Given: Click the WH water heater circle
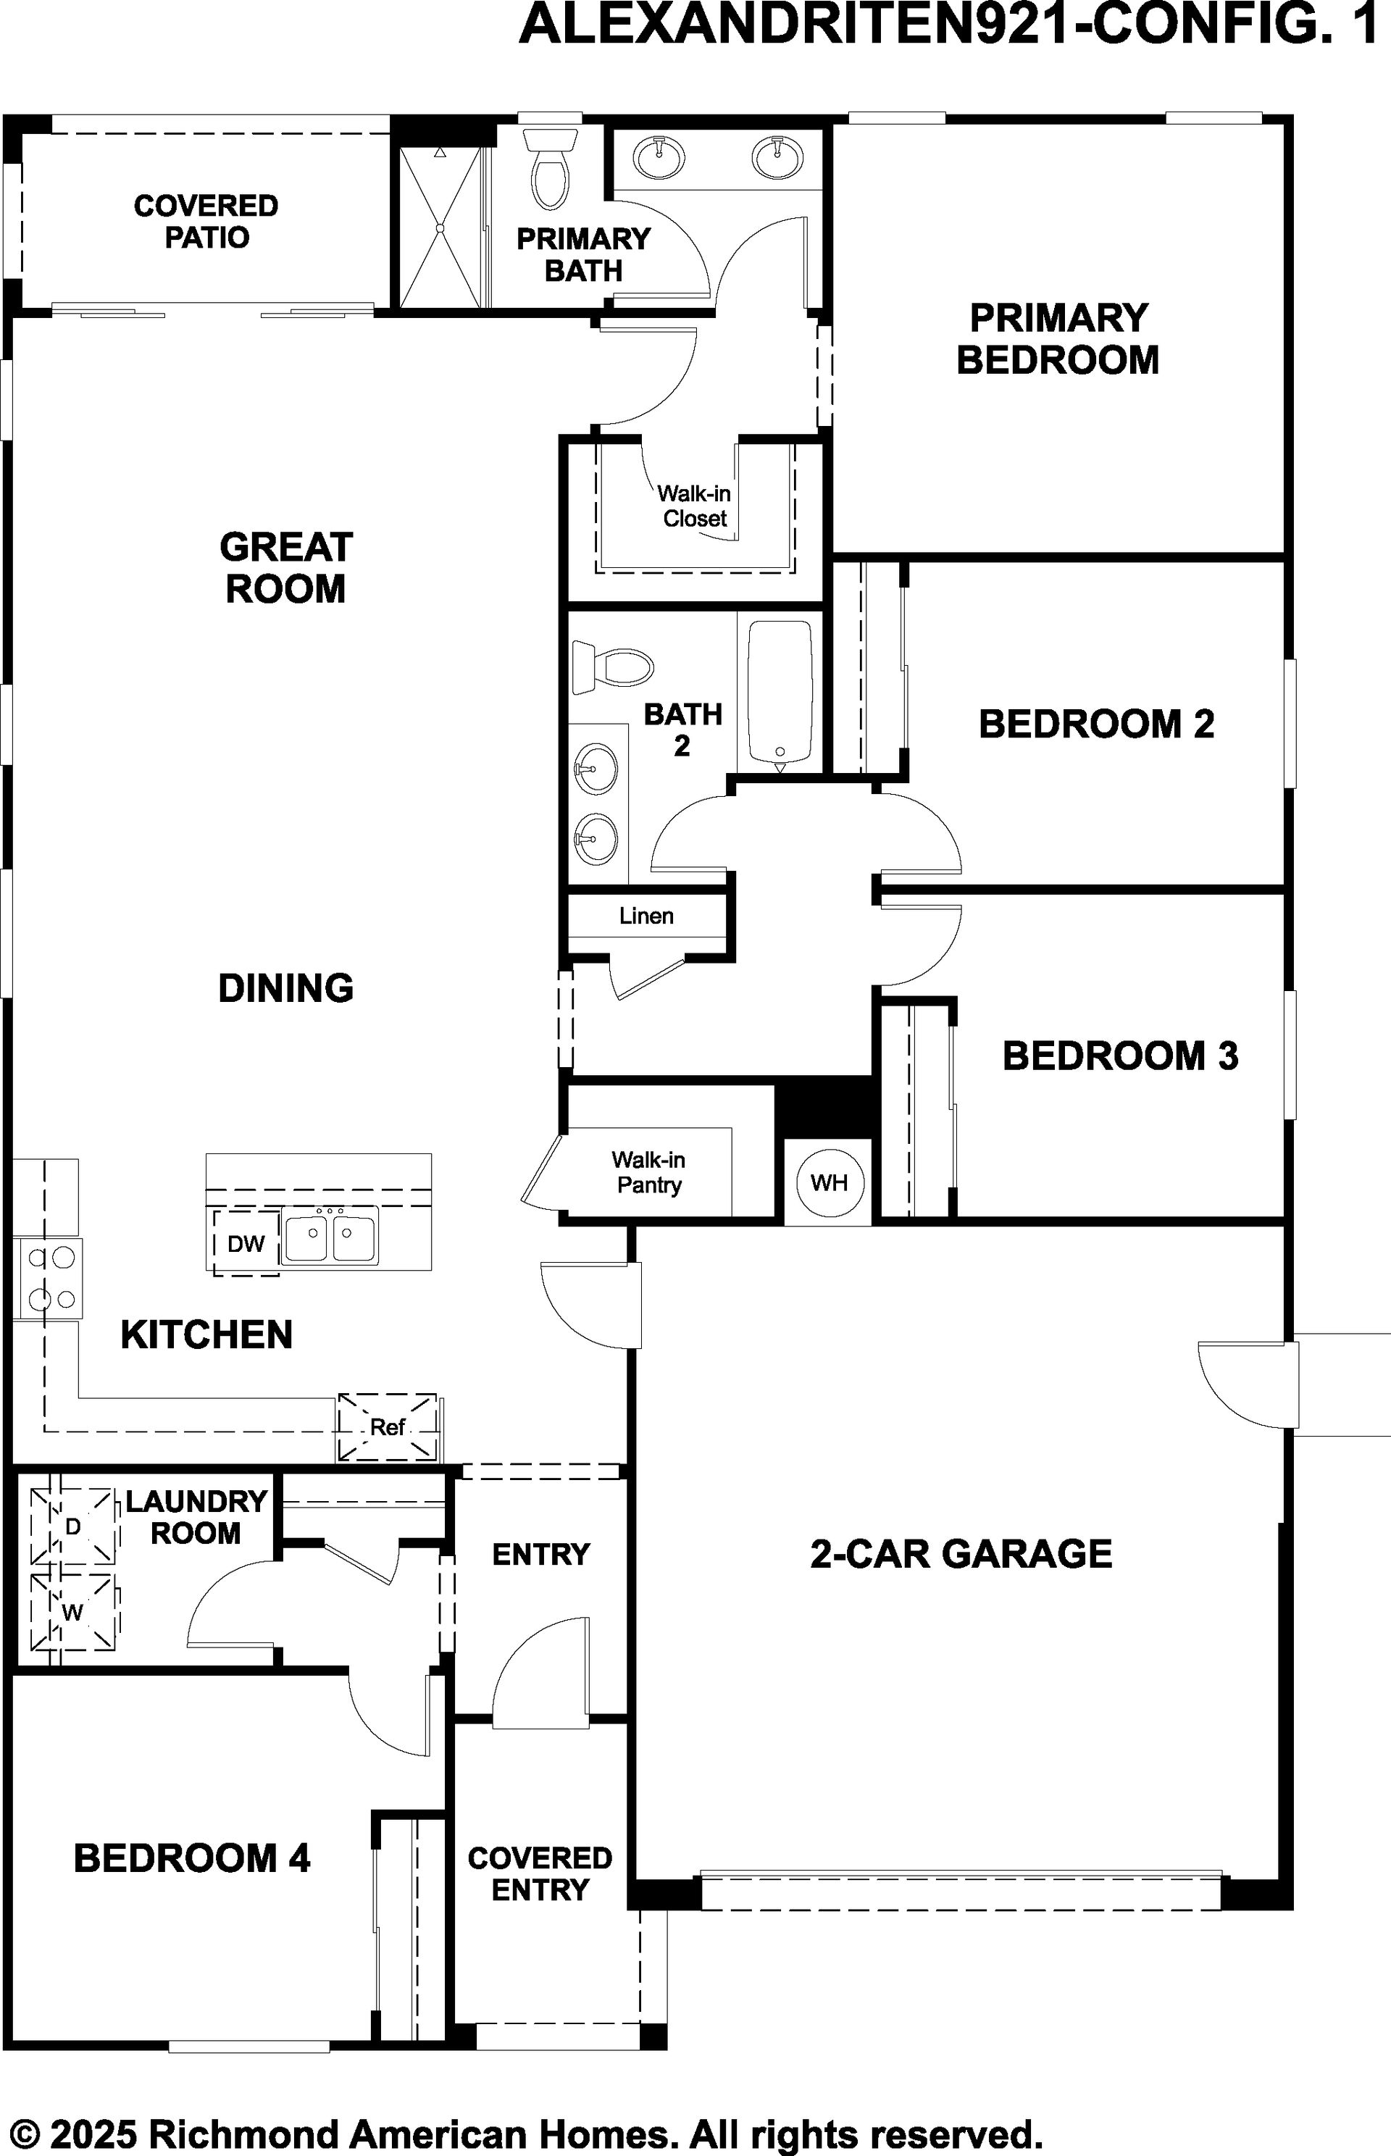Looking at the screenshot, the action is point(830,1182).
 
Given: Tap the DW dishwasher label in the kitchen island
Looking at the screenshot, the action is point(246,1244).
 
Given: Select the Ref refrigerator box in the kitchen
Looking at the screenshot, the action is point(388,1427).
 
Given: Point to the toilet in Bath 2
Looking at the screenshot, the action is point(612,667).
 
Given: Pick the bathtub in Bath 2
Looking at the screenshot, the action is point(780,693).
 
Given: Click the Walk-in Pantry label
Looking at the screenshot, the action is point(648,1172).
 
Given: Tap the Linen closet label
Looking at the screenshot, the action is point(647,916).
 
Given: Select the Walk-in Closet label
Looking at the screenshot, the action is point(694,506).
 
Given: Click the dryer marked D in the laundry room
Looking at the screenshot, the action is point(73,1526).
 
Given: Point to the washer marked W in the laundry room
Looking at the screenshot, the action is point(73,1612).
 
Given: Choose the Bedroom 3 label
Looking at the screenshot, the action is point(1120,1056).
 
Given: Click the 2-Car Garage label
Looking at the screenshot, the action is point(961,1553).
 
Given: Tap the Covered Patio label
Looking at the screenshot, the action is point(206,221).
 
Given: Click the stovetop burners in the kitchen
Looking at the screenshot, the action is point(50,1279).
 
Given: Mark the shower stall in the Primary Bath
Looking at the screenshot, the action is point(440,227).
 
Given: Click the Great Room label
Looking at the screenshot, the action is point(285,567).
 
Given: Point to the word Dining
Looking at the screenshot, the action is point(285,988).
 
